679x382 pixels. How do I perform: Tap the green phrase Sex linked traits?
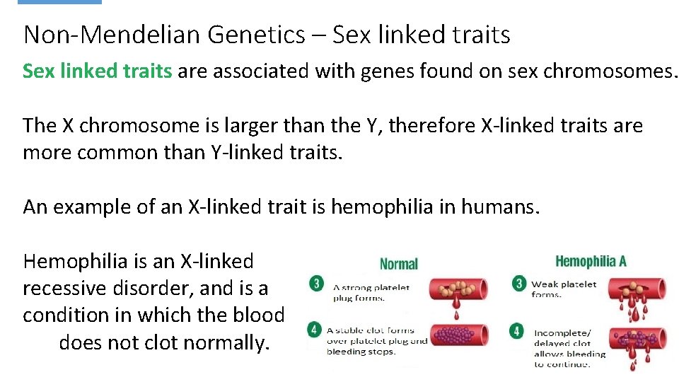(x=98, y=71)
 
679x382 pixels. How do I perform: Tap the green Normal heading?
(x=399, y=264)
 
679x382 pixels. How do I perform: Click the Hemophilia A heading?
(x=591, y=261)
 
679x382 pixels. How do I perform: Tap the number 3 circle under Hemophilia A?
(x=520, y=284)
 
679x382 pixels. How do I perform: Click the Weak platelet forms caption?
(x=564, y=289)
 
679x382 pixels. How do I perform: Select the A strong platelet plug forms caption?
(x=371, y=292)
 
